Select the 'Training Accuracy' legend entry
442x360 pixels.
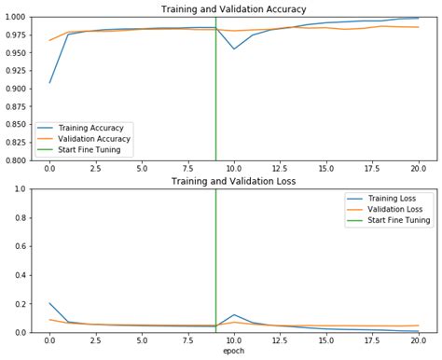pos(98,127)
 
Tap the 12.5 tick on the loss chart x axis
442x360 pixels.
pos(280,342)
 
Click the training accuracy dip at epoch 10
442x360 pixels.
pos(234,48)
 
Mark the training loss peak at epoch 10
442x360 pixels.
pos(234,315)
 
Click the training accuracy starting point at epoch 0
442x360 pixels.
pos(49,83)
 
